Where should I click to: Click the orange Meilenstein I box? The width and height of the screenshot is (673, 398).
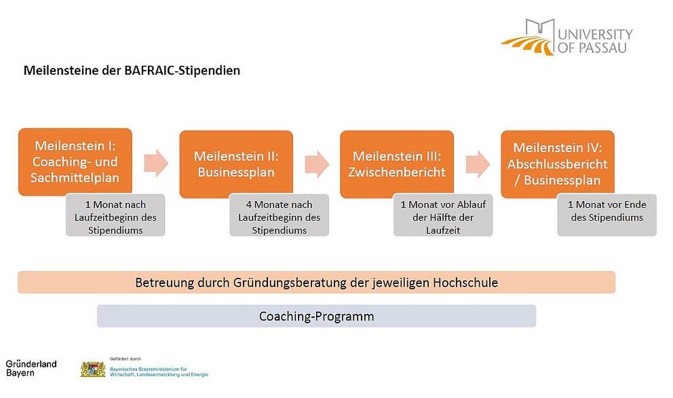[x=75, y=162]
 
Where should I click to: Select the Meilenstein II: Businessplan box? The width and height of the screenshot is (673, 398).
[x=236, y=164]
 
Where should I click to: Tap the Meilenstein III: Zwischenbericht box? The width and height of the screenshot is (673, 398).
[x=397, y=164]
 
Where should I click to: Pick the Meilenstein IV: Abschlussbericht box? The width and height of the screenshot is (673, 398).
[x=558, y=164]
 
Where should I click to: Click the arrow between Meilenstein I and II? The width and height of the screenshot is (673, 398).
[x=156, y=163]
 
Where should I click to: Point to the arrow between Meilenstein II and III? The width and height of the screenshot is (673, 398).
[x=317, y=164]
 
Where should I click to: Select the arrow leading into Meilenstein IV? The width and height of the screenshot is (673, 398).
[x=478, y=164]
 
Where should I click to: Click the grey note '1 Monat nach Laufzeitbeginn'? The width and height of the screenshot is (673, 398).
[x=115, y=215]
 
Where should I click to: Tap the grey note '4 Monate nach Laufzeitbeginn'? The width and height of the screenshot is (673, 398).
[x=279, y=215]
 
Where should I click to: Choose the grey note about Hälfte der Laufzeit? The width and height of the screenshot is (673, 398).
[x=443, y=215]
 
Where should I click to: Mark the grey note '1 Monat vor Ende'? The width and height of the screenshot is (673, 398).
[x=607, y=215]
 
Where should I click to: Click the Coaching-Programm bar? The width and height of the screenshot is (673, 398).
[x=316, y=316]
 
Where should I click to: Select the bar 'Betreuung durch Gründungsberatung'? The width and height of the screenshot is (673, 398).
[x=316, y=283]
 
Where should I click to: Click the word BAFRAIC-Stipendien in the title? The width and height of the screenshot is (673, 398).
[x=182, y=71]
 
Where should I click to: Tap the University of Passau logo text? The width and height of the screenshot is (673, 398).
[x=595, y=41]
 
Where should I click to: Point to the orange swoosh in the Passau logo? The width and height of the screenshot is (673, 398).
[x=528, y=46]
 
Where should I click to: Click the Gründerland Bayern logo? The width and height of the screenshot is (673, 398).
[x=31, y=368]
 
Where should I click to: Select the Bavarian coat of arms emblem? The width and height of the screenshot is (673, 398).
[x=93, y=369]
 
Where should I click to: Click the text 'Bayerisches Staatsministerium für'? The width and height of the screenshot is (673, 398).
[x=149, y=369]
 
